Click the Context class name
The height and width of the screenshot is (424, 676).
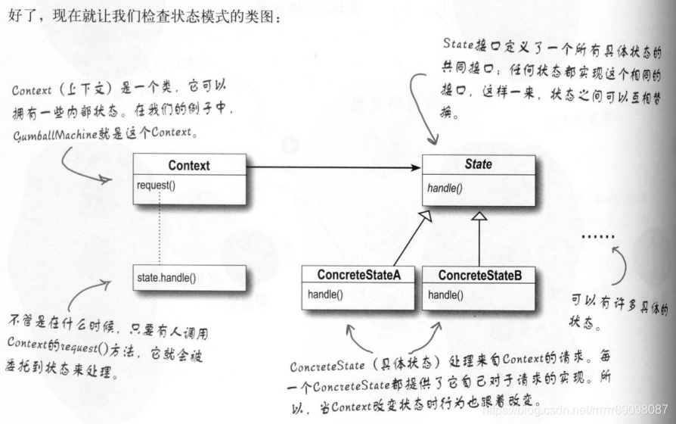pyautogui.click(x=189, y=165)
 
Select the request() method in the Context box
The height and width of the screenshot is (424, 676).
pyautogui.click(x=157, y=185)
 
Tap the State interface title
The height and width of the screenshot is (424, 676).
pyautogui.click(x=478, y=164)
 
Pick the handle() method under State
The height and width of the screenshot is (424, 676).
pyautogui.click(x=444, y=187)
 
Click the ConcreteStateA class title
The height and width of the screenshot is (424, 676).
pyautogui.click(x=358, y=275)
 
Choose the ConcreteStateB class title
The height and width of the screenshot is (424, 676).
pyautogui.click(x=479, y=275)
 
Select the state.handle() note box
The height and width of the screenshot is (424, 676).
pyautogui.click(x=189, y=277)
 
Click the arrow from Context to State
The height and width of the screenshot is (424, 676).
pyautogui.click(x=333, y=166)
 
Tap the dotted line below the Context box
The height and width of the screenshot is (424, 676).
pyautogui.click(x=160, y=235)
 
